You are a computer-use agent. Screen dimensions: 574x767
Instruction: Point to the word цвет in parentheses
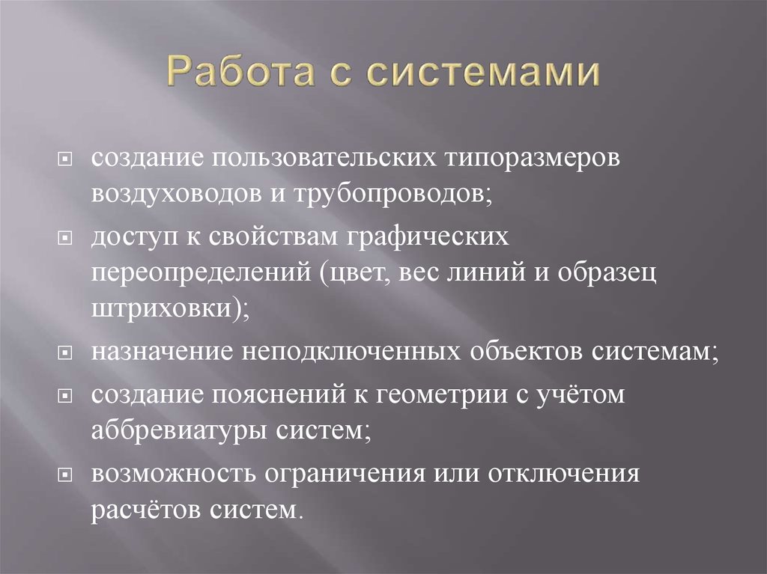click(353, 272)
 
